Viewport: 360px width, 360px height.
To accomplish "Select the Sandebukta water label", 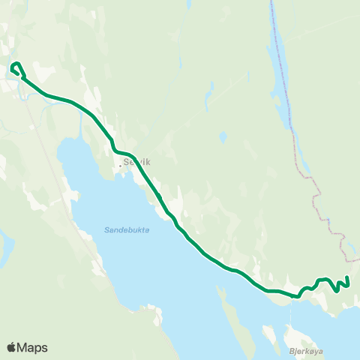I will (x=122, y=230).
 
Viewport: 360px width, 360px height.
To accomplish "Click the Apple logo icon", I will (x=13, y=347).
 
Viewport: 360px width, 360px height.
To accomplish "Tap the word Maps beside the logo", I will (x=33, y=347).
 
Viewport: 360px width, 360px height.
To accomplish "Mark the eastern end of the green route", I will (x=349, y=278).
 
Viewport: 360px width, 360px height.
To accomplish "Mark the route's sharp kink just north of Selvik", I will (x=112, y=142).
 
